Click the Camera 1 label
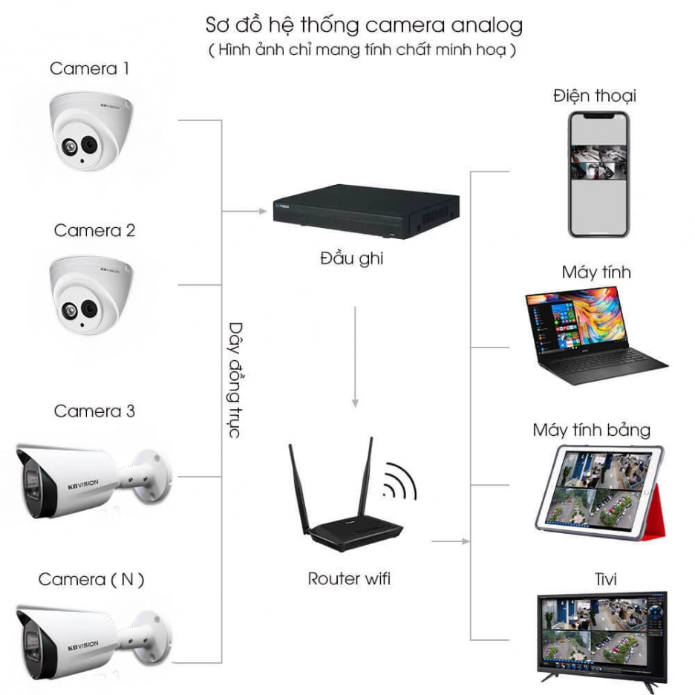click(x=89, y=69)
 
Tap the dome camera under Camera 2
click(x=91, y=295)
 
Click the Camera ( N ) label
click(x=91, y=579)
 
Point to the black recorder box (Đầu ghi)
click(x=366, y=212)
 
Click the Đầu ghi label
click(x=351, y=258)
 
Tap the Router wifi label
click(x=349, y=578)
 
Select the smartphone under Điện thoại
click(x=598, y=174)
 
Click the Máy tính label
click(x=596, y=273)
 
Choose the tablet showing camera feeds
click(x=599, y=492)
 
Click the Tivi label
click(x=605, y=579)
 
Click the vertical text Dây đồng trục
click(x=235, y=380)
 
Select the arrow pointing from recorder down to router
click(x=355, y=357)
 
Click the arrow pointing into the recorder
click(x=244, y=212)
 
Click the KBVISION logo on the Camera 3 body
click(x=83, y=484)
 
